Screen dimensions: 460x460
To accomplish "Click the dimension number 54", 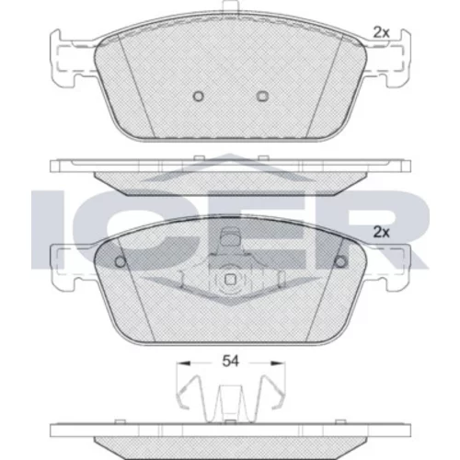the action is (x=230, y=362).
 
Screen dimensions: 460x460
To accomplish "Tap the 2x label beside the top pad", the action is (x=381, y=32).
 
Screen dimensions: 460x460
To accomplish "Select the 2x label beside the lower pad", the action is (x=381, y=233).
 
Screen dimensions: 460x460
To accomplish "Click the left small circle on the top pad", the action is (x=199, y=97).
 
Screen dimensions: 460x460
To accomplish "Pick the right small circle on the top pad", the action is (x=262, y=97).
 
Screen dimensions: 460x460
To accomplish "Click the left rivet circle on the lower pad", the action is (x=121, y=261).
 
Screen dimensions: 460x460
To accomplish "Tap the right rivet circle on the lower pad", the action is (x=340, y=261).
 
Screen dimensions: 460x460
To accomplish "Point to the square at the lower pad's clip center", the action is (x=230, y=280).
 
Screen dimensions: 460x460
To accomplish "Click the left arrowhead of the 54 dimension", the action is (x=183, y=363).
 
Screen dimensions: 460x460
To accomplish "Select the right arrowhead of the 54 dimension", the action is (x=277, y=363).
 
